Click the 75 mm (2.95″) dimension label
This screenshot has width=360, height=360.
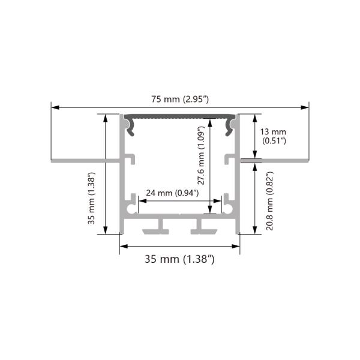180,99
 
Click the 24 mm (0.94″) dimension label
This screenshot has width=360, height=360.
174,193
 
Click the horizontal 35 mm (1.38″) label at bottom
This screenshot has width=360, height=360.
180,259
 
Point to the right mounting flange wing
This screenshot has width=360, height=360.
282,161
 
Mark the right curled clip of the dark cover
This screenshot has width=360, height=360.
230,125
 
